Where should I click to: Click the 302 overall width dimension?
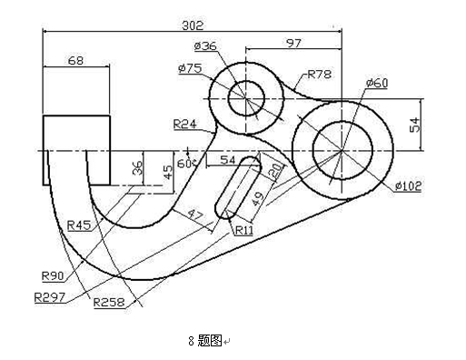pos(193,25)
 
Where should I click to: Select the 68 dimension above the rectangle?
pos(75,61)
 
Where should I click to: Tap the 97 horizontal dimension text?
pos(293,44)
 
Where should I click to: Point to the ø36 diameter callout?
pos(205,46)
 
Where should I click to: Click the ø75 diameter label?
pos(190,68)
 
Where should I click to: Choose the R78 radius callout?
pos(320,75)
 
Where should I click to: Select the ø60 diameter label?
pos(377,83)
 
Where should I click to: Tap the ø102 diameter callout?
pos(409,185)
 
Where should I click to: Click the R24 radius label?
pos(184,124)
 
